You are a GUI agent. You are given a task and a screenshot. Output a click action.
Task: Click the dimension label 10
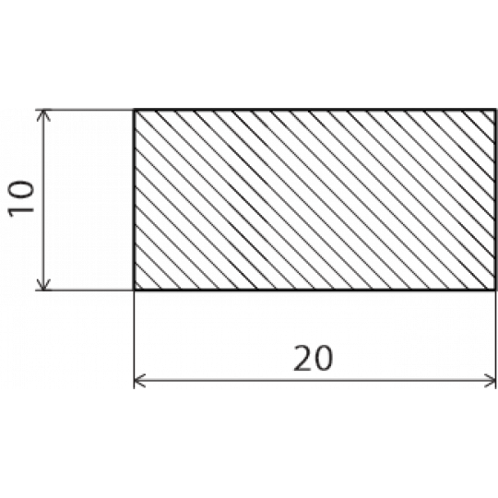click(21, 199)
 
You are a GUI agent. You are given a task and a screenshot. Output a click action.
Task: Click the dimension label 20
click(314, 358)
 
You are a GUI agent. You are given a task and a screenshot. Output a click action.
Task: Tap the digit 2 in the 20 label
click(303, 358)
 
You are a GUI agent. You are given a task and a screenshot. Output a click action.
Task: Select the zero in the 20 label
click(324, 358)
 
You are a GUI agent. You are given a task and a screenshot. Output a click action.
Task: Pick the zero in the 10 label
click(21, 191)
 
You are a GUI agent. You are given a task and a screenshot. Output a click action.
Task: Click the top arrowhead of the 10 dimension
click(43, 115)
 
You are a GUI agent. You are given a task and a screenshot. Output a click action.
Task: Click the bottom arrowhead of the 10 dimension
click(43, 285)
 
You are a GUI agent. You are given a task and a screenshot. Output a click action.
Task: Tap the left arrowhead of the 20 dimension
click(139, 381)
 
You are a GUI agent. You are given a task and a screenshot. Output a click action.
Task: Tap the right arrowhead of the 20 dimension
click(490, 381)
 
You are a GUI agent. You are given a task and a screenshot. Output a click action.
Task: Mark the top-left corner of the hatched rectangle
click(135, 110)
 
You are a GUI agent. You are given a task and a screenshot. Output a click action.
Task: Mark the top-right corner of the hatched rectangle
click(495, 110)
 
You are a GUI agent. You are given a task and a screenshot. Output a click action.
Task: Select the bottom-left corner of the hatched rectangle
click(135, 290)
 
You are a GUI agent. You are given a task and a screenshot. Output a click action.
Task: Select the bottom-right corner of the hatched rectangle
click(495, 290)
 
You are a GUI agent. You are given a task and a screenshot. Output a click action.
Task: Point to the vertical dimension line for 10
click(43, 200)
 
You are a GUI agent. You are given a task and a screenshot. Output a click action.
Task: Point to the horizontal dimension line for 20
click(314, 380)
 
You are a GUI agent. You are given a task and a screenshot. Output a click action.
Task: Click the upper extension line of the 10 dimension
click(84, 110)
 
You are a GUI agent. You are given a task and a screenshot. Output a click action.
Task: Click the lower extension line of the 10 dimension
click(84, 290)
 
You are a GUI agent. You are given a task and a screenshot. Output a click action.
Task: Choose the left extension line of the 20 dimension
click(134, 339)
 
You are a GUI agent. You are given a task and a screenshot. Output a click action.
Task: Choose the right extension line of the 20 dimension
click(495, 339)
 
